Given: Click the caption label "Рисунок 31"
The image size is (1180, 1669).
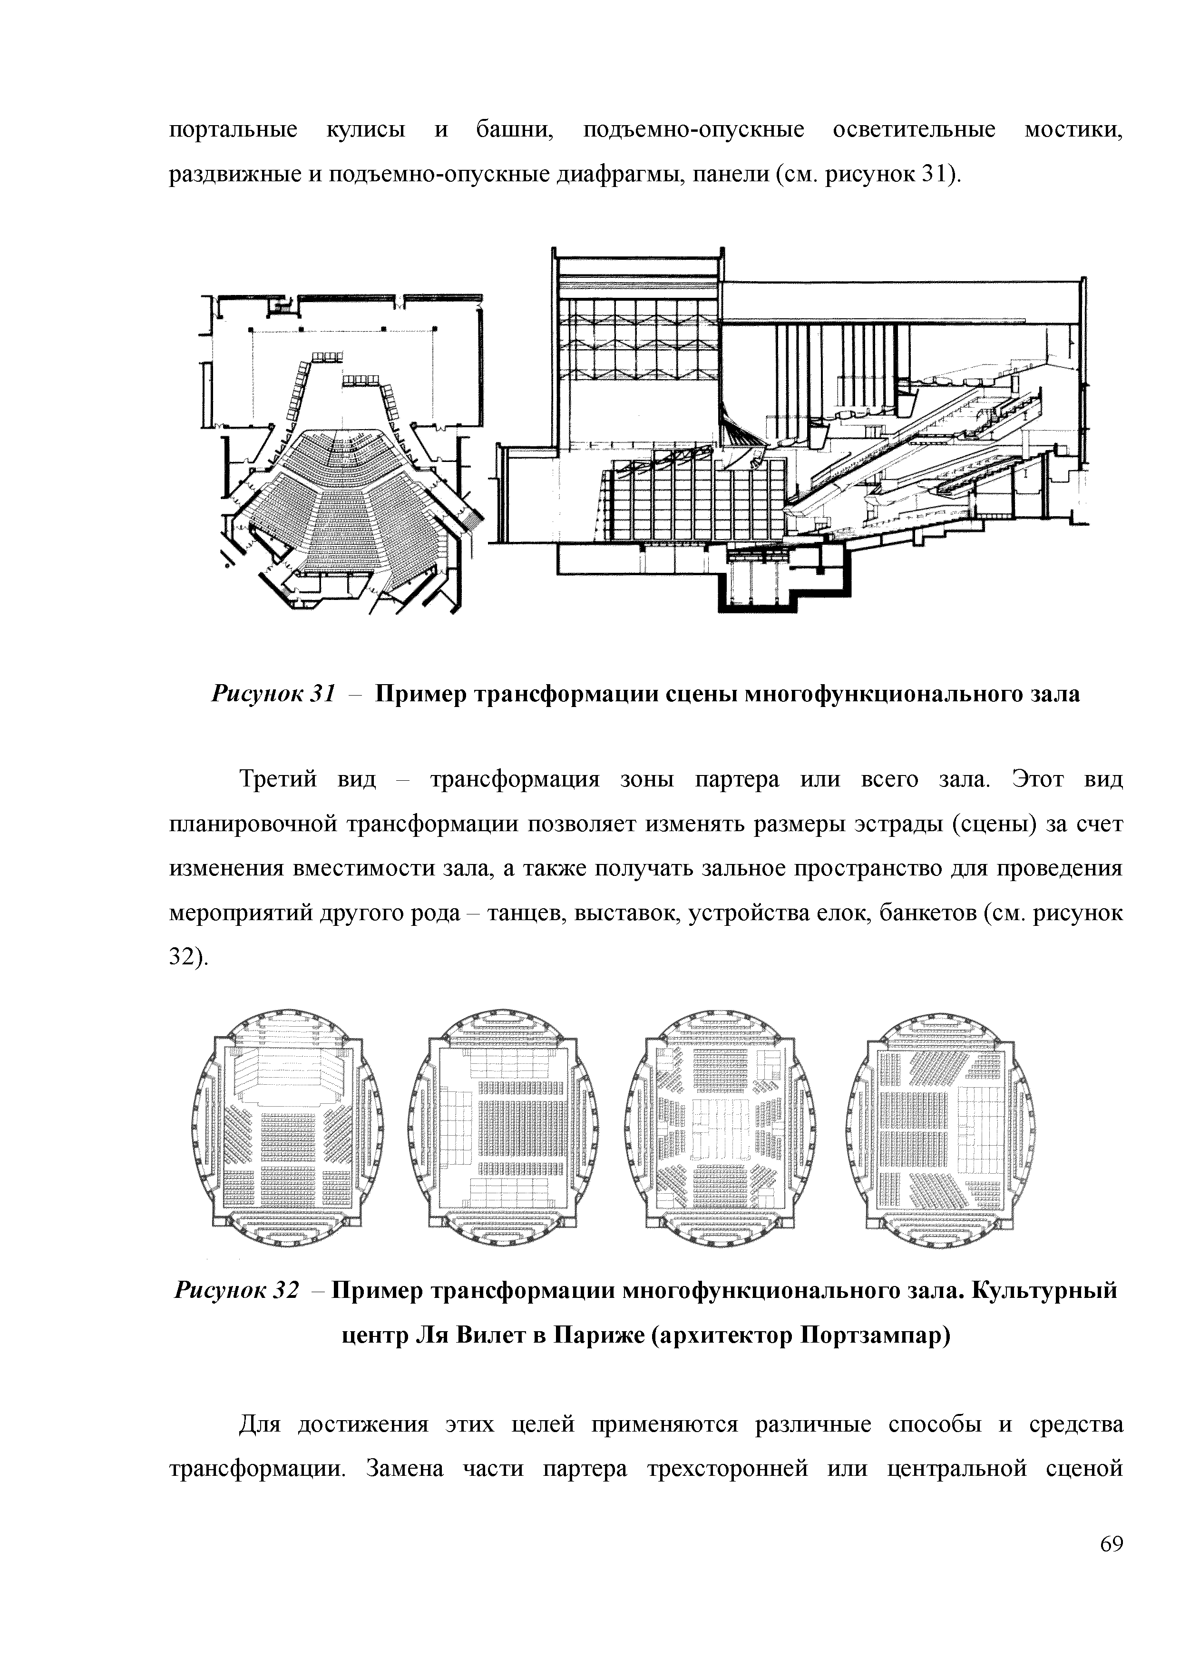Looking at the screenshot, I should coord(273,694).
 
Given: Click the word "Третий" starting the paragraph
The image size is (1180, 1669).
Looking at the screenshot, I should coord(278,780).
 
